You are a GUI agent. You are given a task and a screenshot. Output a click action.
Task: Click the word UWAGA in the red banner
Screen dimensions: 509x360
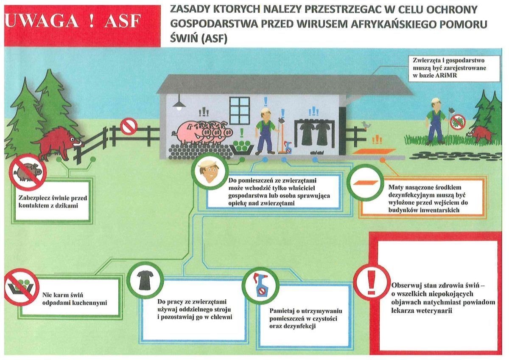[x=41, y=20]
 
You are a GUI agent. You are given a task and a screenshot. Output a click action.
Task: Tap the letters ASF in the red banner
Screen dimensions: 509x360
[x=123, y=20]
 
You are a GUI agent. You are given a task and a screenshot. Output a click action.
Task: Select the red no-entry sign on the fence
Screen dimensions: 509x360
[x=129, y=126]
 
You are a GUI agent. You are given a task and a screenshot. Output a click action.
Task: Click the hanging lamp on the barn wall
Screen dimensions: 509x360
[x=179, y=103]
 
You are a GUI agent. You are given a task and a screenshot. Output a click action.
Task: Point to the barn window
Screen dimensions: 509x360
[x=240, y=111]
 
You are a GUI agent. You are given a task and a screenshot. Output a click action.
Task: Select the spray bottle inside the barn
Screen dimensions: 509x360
[x=288, y=147]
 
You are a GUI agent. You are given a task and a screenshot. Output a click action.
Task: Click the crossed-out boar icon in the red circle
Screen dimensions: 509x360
[x=28, y=172]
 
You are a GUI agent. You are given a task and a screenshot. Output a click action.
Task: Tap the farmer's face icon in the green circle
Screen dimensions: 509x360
[x=210, y=171]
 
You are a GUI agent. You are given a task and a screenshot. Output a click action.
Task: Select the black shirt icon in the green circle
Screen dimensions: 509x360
[x=145, y=280]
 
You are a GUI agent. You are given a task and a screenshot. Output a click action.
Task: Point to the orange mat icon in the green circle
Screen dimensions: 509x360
[x=365, y=183]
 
